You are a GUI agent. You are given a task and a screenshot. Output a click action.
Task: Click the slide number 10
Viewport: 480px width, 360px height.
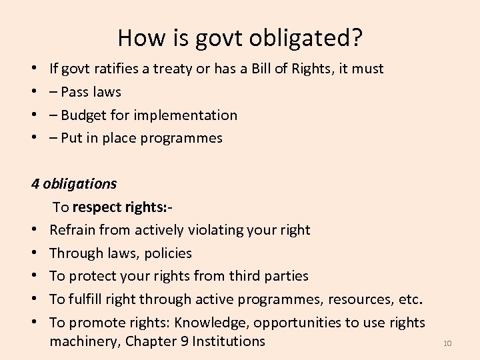click(x=447, y=343)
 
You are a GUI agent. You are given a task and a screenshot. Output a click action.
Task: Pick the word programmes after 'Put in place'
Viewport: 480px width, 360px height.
click(x=184, y=139)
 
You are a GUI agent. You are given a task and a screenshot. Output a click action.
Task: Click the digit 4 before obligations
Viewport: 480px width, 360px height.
click(x=35, y=183)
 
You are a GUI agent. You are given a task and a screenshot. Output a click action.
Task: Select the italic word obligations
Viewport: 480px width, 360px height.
click(x=79, y=183)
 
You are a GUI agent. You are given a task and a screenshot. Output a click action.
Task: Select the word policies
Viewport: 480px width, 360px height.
click(x=167, y=253)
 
